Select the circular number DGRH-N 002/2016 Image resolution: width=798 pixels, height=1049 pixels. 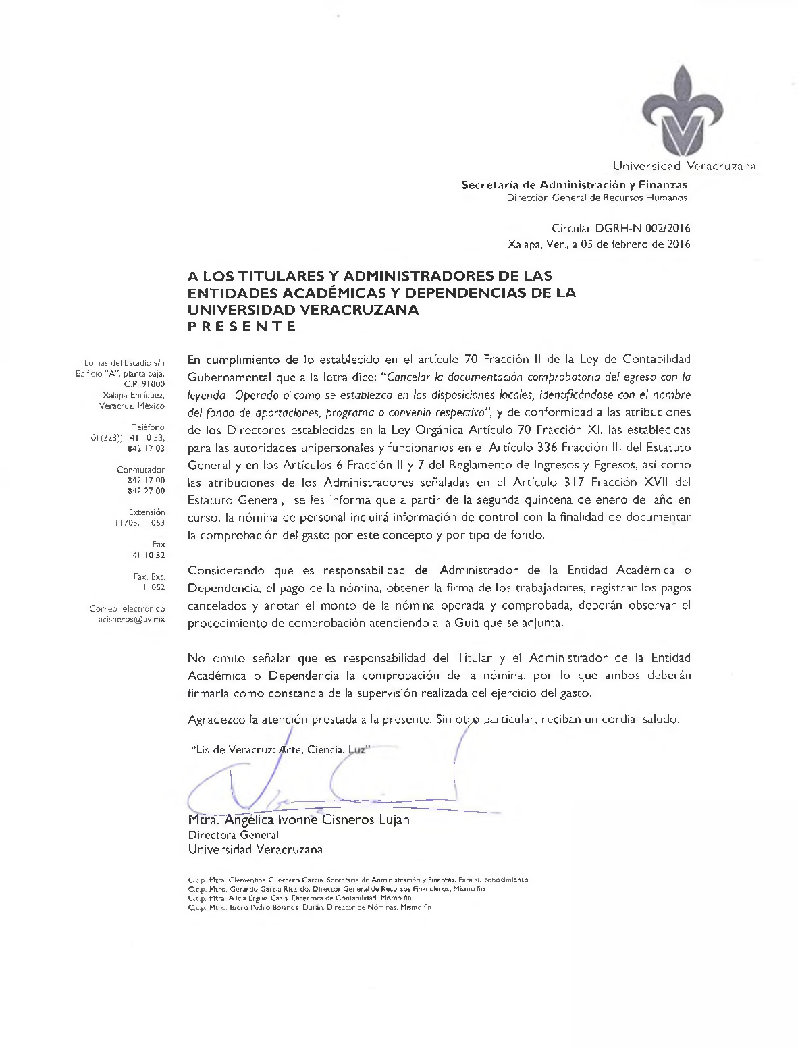(621, 229)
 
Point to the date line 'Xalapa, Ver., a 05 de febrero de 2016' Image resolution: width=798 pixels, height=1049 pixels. (599, 244)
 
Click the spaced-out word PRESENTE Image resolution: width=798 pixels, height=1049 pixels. (242, 327)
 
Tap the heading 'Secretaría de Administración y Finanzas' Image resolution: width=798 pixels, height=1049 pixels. (574, 184)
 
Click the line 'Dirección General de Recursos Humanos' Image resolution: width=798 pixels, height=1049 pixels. (597, 198)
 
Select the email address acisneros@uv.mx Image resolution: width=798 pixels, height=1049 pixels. (132, 619)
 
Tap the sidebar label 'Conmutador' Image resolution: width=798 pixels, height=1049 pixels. (140, 469)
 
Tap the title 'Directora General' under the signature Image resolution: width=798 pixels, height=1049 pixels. (233, 835)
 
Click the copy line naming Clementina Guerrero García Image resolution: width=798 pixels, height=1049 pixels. (358, 880)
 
